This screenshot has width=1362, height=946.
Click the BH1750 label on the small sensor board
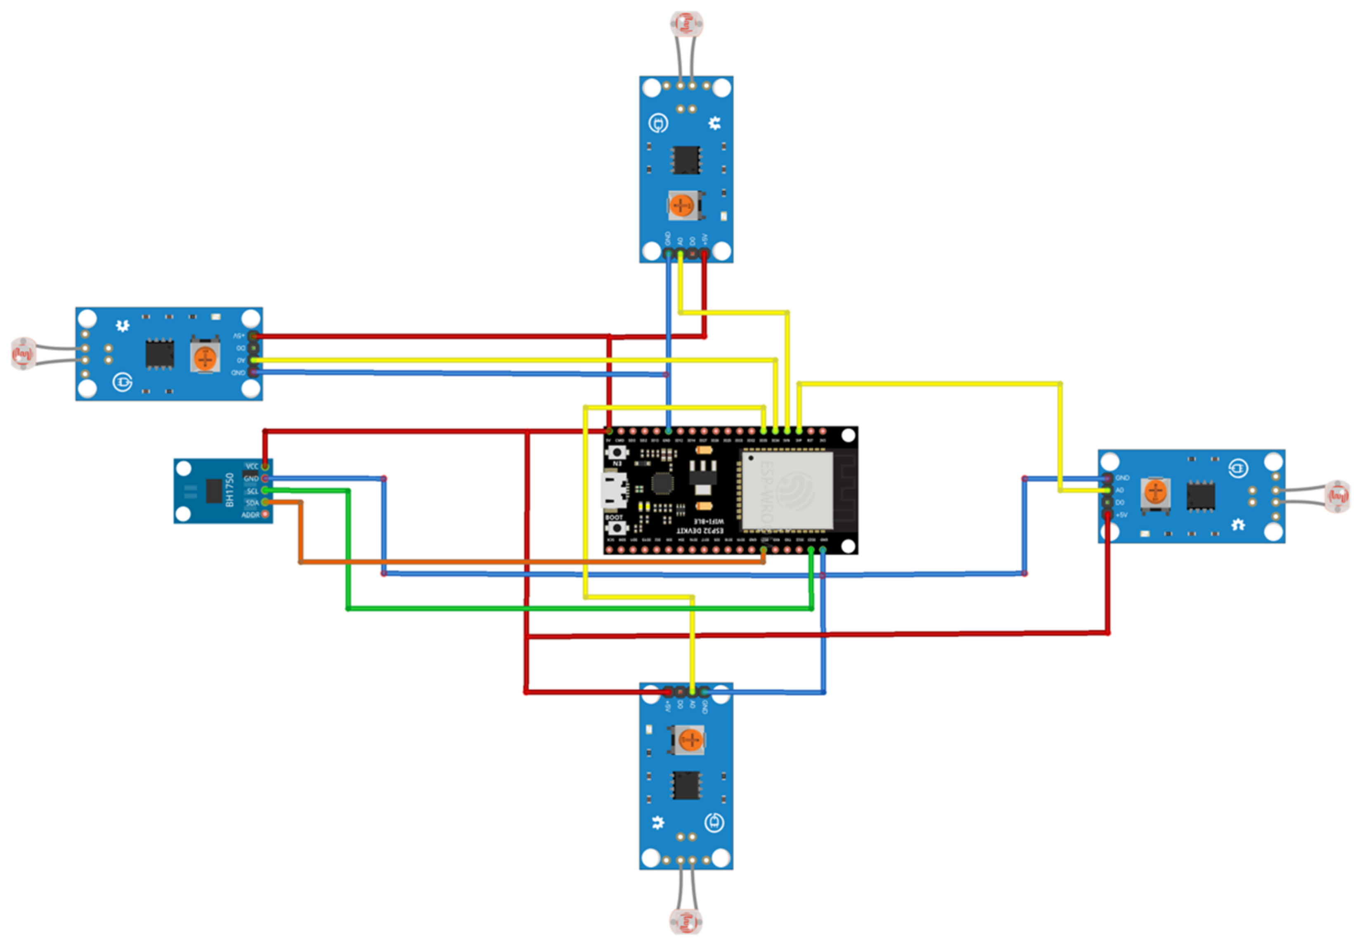(230, 490)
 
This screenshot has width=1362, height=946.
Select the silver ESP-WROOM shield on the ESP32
(787, 490)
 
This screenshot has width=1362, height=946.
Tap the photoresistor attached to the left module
(23, 354)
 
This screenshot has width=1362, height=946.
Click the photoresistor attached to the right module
(1338, 496)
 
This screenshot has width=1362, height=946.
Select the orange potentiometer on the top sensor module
(681, 206)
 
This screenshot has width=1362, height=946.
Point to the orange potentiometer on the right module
(1154, 492)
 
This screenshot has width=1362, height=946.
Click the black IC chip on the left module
(159, 354)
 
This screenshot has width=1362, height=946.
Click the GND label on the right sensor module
(1122, 478)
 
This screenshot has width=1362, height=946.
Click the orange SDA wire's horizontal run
(533, 561)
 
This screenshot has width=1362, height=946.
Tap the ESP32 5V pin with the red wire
(609, 431)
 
